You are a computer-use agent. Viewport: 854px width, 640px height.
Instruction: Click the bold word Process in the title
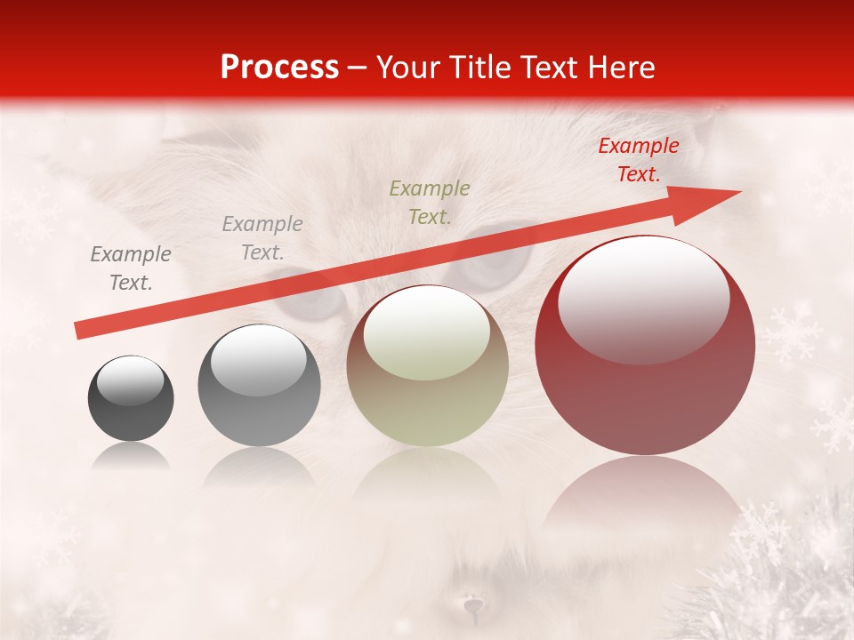[279, 68]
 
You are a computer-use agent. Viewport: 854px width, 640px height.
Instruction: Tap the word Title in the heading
[482, 68]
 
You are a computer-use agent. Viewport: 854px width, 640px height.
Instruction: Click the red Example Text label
[638, 160]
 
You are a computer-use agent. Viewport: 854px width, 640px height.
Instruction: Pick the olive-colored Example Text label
[430, 202]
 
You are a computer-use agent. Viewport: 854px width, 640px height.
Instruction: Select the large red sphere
[645, 347]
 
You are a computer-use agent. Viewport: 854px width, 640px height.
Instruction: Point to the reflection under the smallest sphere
[131, 458]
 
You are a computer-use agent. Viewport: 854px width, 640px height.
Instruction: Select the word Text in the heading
[549, 68]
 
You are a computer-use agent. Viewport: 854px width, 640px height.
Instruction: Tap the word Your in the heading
[408, 68]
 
